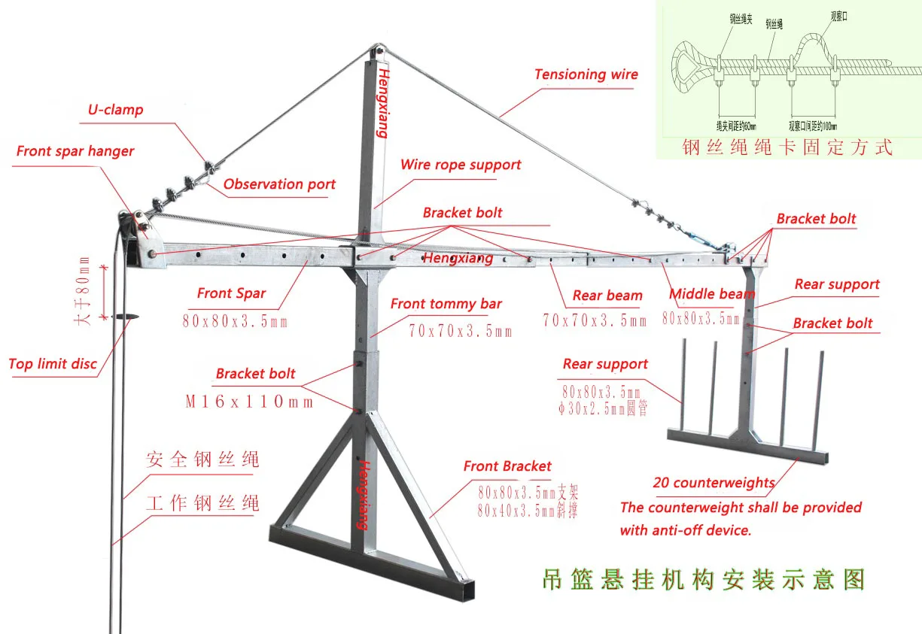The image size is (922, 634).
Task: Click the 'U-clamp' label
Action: coord(115,110)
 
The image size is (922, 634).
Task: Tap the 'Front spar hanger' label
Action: coord(75,151)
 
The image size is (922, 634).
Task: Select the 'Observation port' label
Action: coord(279,184)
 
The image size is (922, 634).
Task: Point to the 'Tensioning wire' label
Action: coord(586,74)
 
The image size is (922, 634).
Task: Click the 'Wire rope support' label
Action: coord(460,165)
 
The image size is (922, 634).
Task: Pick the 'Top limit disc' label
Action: coord(53,364)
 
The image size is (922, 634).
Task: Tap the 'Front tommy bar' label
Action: coord(446,304)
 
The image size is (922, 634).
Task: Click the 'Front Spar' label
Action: coord(231,293)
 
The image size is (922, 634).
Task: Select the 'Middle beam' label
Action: coord(711,294)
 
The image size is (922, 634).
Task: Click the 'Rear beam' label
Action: coord(607,296)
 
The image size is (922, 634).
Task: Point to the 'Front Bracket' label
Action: coord(507,466)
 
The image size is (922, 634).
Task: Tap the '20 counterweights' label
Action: coord(714,483)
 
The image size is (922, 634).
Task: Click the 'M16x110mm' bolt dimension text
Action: coord(249,402)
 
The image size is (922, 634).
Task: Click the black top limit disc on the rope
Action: coord(125,317)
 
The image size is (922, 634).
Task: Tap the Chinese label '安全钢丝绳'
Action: coord(202,459)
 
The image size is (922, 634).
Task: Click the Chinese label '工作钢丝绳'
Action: coord(202,502)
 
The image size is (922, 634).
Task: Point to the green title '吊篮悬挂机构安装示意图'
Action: coord(704,579)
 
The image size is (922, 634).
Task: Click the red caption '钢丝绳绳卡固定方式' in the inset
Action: coord(787,147)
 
